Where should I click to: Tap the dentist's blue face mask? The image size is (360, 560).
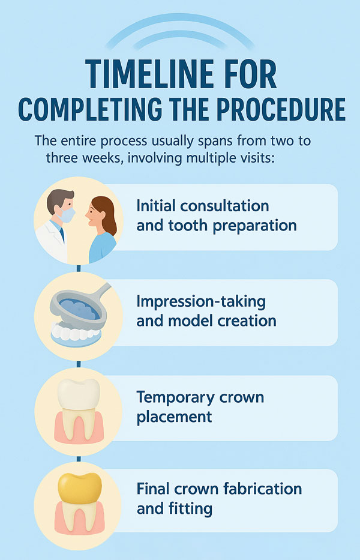(x=67, y=214)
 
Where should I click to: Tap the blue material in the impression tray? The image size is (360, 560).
(x=79, y=309)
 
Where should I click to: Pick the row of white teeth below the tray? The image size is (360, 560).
(x=76, y=333)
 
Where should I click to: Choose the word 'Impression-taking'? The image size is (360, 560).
(x=201, y=302)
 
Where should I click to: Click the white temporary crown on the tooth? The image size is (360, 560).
(x=79, y=394)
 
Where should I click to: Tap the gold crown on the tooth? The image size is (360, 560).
(x=80, y=487)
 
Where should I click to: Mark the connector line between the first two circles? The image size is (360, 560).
(x=79, y=268)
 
